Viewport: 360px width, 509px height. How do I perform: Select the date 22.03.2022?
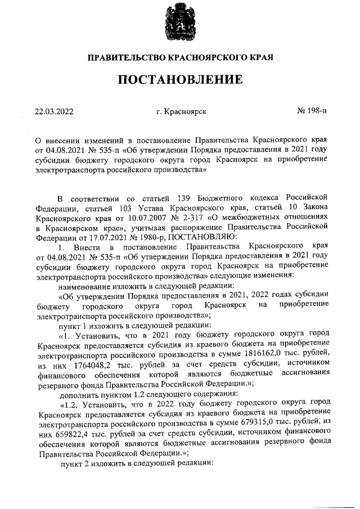click(x=55, y=111)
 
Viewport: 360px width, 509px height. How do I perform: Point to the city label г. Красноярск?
click(x=182, y=111)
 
